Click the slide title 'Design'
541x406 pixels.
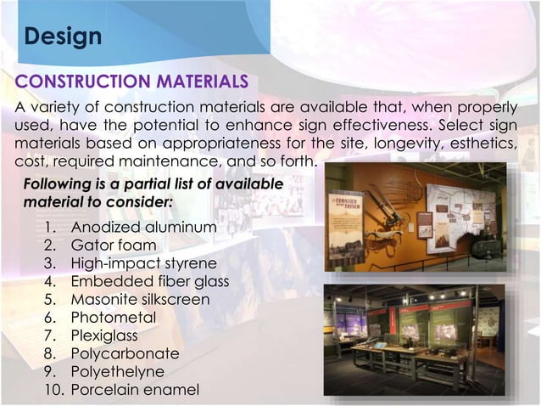pos(63,37)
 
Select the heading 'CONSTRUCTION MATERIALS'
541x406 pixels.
pos(131,82)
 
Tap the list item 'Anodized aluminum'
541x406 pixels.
pos(143,228)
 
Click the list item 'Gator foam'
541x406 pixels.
pos(114,246)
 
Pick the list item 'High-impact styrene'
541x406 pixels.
pos(144,263)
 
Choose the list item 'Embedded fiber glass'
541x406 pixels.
pos(150,281)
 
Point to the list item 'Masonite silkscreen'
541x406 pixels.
pos(140,299)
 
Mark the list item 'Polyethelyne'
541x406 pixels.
pos(118,371)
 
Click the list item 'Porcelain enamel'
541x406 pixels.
pos(135,390)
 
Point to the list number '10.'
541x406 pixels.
pos(52,390)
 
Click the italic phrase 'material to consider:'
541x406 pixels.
pos(98,203)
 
